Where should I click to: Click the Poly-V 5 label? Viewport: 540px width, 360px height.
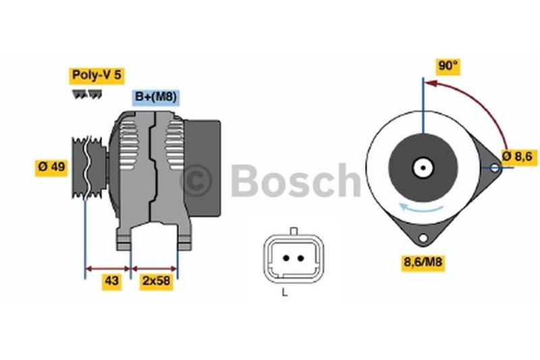coord(97,75)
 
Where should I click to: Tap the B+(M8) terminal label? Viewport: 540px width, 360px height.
coord(156,97)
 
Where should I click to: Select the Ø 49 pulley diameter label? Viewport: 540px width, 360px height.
coord(51,167)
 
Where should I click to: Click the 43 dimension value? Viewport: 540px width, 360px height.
coord(112,281)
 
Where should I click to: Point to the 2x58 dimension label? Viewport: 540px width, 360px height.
coord(157,281)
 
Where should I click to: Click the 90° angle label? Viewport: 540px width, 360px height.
coord(448,66)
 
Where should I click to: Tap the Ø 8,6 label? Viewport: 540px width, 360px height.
coord(517,157)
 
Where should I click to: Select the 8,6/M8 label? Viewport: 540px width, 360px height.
coord(423,263)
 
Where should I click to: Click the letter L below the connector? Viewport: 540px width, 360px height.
coord(284,292)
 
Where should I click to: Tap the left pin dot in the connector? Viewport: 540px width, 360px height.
coord(286,258)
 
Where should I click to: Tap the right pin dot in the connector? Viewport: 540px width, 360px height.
coord(300,258)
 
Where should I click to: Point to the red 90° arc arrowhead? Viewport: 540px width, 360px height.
coord(431,83)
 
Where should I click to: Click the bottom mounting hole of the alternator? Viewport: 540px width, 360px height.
coord(423,238)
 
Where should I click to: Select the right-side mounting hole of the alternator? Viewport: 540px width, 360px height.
coord(495,168)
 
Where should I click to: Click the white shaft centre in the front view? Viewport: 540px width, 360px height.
coord(423,168)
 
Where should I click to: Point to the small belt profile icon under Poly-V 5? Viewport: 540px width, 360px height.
coord(87,95)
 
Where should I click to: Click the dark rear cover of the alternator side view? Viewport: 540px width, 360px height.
coord(202,168)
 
